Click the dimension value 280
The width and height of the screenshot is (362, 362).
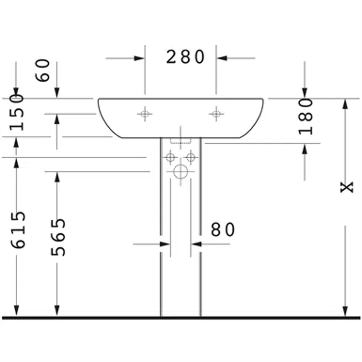pos(185,57)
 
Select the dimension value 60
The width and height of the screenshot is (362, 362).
pos(45,70)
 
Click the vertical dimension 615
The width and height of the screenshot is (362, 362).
pos(18,230)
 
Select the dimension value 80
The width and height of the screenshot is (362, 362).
pos(223,230)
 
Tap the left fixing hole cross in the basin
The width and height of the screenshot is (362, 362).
pos(145,113)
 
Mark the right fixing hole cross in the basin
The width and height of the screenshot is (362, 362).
pos(216,113)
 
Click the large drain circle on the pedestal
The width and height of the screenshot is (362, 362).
pos(181,172)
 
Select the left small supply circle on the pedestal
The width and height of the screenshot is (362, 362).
pos(171,158)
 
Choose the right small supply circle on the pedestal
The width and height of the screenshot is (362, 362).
pos(191,158)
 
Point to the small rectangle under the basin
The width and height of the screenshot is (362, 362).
pos(181,141)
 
